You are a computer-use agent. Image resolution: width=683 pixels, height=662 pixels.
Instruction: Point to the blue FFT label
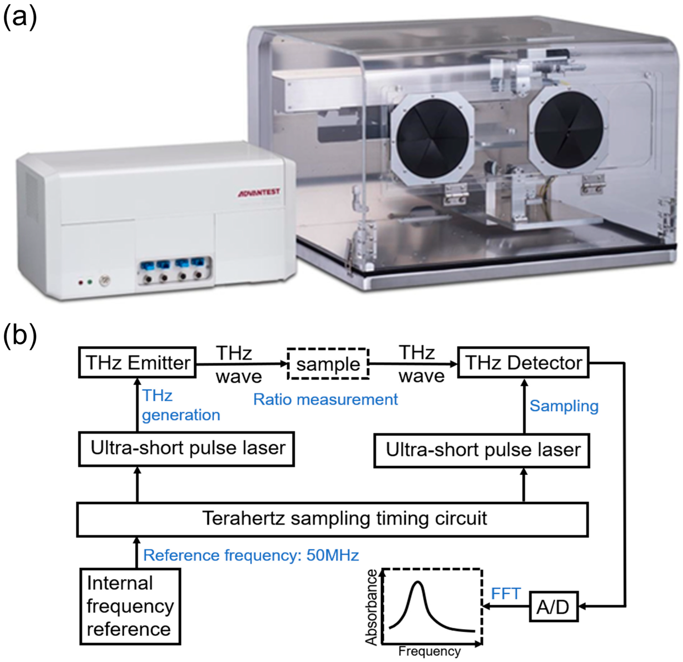[505, 593]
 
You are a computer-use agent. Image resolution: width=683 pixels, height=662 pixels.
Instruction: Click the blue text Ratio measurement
[325, 399]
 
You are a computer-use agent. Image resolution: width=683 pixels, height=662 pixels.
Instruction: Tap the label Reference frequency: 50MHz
[251, 555]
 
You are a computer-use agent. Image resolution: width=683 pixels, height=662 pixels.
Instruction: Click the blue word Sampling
[564, 406]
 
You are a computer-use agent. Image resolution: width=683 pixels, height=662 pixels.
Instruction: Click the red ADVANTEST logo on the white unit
[259, 193]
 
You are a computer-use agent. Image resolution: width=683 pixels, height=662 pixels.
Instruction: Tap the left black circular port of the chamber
[432, 137]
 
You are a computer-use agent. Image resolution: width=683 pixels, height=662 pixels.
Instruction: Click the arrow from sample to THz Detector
[413, 364]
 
